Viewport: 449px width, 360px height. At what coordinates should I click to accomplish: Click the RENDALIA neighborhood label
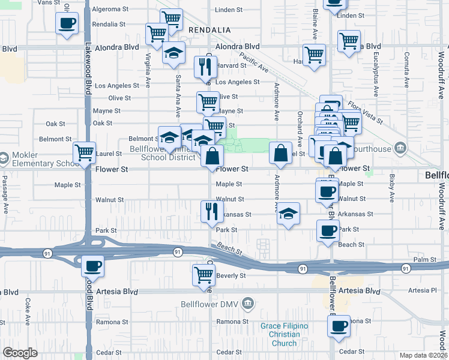pyautogui.click(x=209, y=29)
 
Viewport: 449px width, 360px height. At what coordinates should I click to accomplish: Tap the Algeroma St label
pyautogui.click(x=110, y=10)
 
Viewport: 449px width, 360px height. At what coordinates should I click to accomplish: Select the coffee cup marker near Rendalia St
pyautogui.click(x=67, y=24)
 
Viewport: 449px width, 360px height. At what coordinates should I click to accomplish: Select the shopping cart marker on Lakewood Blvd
pyautogui.click(x=84, y=153)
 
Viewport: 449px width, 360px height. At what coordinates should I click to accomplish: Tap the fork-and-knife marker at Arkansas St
pyautogui.click(x=211, y=211)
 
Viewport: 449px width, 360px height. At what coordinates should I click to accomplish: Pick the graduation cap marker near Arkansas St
pyautogui.click(x=288, y=214)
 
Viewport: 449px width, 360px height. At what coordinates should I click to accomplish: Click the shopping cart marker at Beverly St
pyautogui.click(x=203, y=275)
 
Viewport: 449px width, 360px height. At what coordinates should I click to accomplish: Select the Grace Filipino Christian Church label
pyautogui.click(x=284, y=334)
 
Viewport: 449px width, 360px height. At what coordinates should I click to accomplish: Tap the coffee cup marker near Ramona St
pyautogui.click(x=339, y=326)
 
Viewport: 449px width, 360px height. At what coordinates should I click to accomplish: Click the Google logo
pyautogui.click(x=20, y=353)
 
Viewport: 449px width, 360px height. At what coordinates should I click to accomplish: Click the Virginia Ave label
pyautogui.click(x=148, y=71)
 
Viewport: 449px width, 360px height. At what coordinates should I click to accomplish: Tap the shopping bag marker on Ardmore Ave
pyautogui.click(x=280, y=152)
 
